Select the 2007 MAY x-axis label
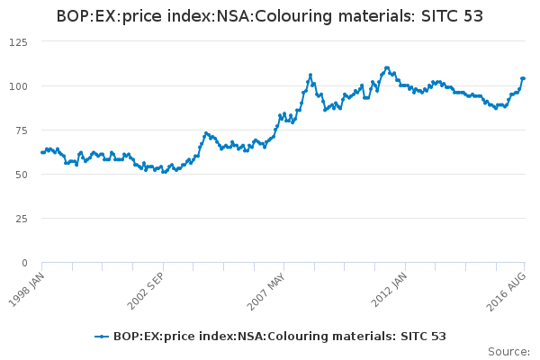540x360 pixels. (269, 286)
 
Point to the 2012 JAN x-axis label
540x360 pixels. (390, 286)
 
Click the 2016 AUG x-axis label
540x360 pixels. (510, 286)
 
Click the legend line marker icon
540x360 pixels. (103, 337)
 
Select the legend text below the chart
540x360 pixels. (279, 337)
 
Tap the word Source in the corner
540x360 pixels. (508, 351)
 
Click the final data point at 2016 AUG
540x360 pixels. (523, 78)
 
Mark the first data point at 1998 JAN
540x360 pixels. (42, 152)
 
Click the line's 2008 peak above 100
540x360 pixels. (310, 76)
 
